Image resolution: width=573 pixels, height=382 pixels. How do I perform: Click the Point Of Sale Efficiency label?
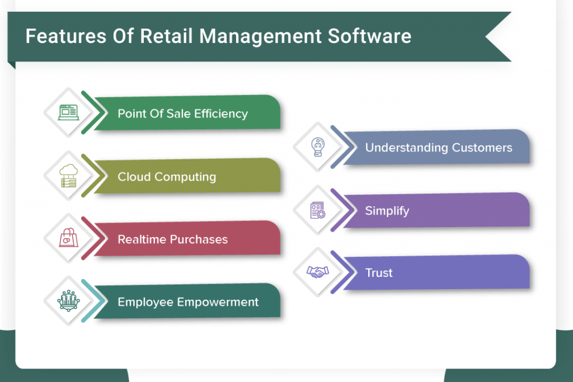tap(182, 114)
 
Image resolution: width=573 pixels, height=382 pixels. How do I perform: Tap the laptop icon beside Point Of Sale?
tap(68, 112)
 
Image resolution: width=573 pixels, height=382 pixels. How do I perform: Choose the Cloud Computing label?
tap(167, 177)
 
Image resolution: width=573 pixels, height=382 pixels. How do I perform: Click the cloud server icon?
tap(68, 176)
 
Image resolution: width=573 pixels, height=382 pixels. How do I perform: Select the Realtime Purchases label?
tap(172, 239)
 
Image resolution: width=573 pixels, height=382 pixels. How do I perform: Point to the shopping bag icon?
tap(68, 238)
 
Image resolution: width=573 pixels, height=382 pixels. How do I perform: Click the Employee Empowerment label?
tap(188, 302)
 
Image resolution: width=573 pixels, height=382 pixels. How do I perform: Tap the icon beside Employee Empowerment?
tap(68, 301)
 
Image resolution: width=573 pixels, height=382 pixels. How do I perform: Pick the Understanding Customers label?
tap(438, 148)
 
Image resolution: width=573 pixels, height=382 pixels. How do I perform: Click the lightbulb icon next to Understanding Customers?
tap(318, 147)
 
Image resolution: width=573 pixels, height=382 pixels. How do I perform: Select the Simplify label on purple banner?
tap(387, 211)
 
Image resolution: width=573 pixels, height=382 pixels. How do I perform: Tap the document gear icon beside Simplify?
tap(318, 210)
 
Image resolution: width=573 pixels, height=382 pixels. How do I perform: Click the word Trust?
tap(378, 273)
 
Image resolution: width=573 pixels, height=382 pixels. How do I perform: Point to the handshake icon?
tap(318, 272)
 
